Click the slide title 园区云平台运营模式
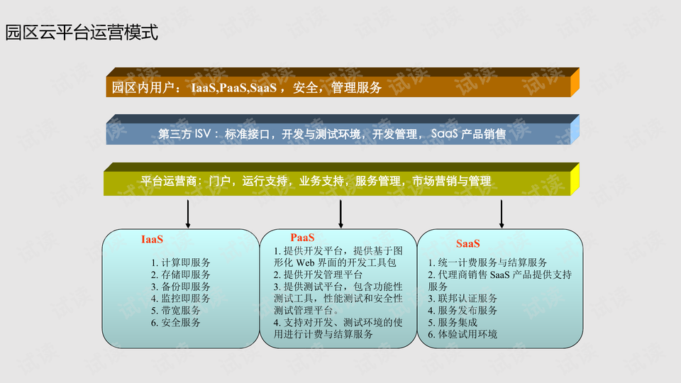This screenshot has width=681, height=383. (x=81, y=33)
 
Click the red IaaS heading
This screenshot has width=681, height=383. (x=153, y=240)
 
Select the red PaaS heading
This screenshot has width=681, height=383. (x=302, y=238)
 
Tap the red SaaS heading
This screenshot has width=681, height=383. (x=468, y=243)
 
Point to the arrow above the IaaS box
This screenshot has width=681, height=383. (x=188, y=213)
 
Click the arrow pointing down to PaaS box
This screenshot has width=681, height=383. (x=341, y=213)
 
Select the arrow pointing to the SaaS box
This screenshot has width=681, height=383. (x=502, y=213)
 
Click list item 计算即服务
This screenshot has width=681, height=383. (x=181, y=262)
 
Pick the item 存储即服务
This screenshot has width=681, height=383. (x=181, y=274)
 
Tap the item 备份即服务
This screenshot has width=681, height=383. (x=181, y=287)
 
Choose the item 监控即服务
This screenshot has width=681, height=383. (x=181, y=299)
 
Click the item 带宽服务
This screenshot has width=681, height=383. (x=176, y=311)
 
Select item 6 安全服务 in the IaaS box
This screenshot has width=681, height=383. (x=176, y=323)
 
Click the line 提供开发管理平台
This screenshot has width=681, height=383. (x=319, y=274)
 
